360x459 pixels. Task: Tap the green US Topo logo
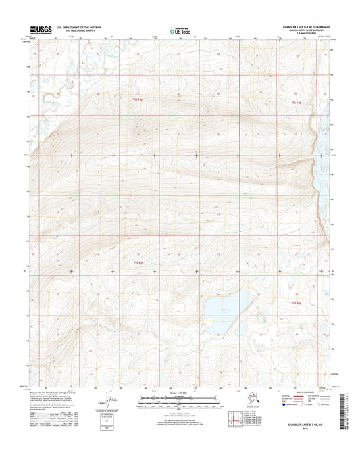(179, 30)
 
